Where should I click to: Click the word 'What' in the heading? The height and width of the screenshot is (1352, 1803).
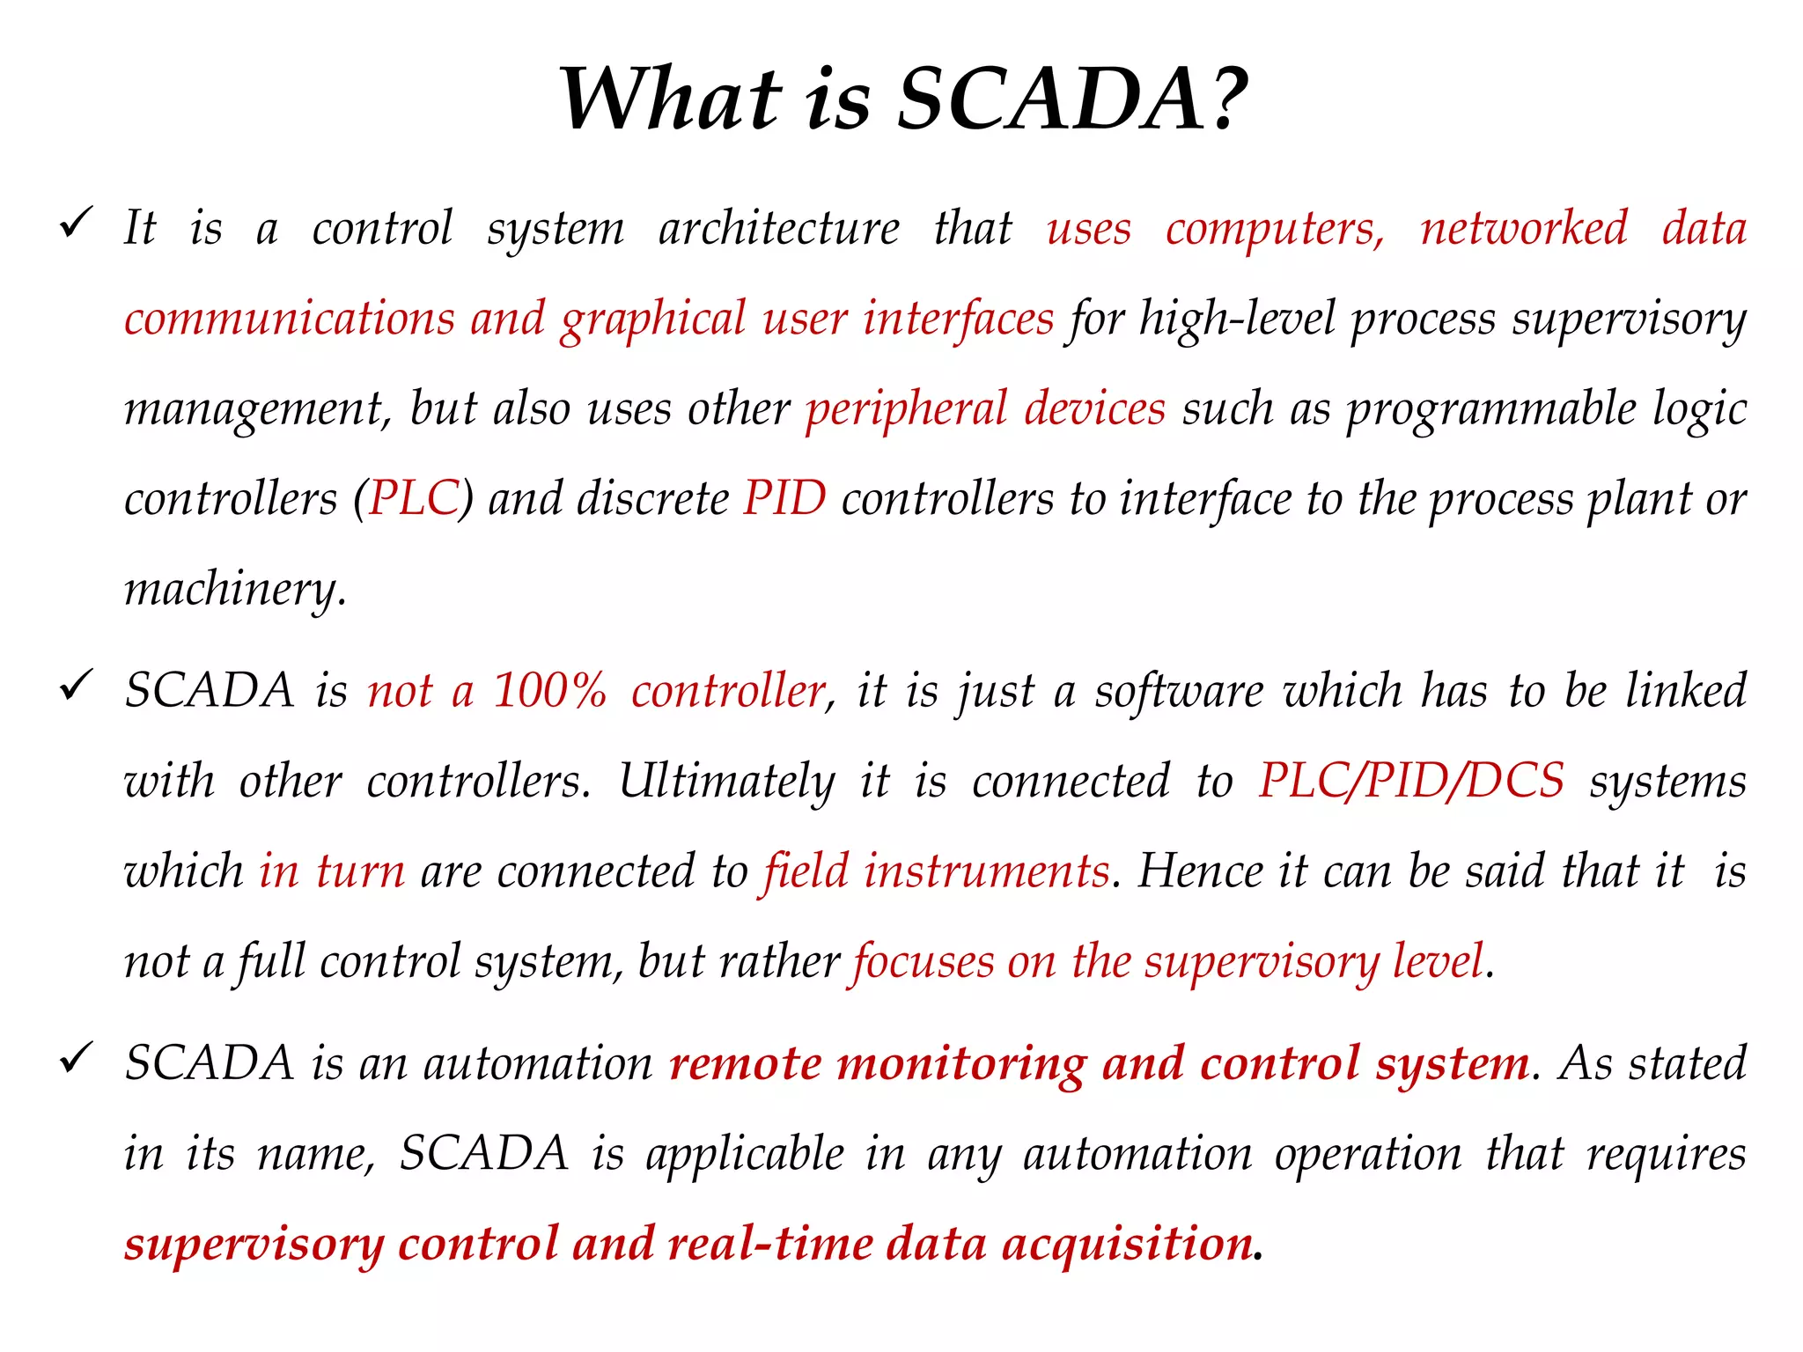pyautogui.click(x=671, y=99)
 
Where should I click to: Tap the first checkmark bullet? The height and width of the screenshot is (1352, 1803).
pyautogui.click(x=77, y=223)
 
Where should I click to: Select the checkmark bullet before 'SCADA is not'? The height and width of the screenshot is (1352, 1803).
pyautogui.click(x=77, y=685)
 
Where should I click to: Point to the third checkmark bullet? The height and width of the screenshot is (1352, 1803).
pyautogui.click(x=77, y=1057)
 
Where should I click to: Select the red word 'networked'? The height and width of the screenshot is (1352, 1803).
pyautogui.click(x=1524, y=229)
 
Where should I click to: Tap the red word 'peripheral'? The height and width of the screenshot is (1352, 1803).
pyautogui.click(x=906, y=410)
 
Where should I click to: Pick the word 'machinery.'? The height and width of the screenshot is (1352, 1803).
pyautogui.click(x=235, y=591)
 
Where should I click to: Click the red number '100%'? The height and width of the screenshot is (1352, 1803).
pyautogui.click(x=550, y=691)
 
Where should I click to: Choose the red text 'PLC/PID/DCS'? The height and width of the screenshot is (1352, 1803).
pyautogui.click(x=1411, y=782)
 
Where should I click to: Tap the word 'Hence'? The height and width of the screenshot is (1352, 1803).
pyautogui.click(x=1200, y=871)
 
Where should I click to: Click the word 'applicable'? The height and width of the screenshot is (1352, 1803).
pyautogui.click(x=745, y=1155)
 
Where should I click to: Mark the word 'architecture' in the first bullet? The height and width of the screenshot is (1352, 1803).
pyautogui.click(x=779, y=229)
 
